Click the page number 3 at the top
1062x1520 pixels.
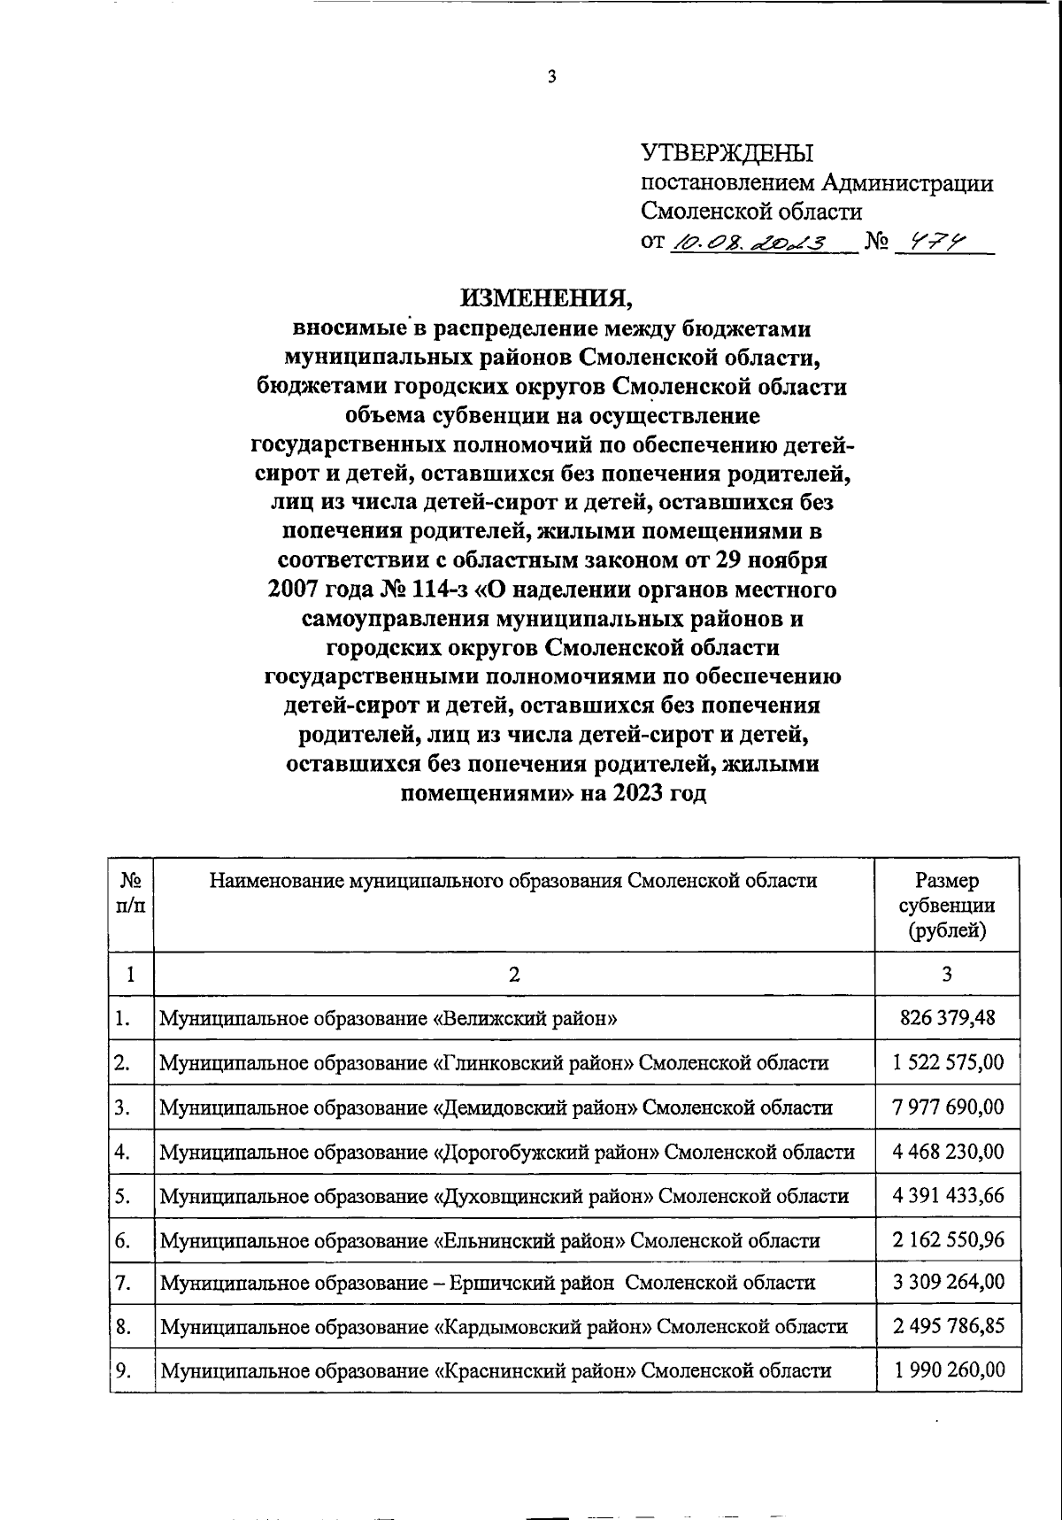tap(551, 78)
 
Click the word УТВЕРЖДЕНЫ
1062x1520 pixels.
tap(727, 154)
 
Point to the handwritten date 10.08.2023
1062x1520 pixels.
tap(749, 242)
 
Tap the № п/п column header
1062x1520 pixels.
tap(131, 893)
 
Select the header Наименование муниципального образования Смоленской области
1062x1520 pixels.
tap(513, 880)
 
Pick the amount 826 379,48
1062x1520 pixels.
tap(947, 1018)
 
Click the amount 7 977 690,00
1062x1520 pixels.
tap(948, 1107)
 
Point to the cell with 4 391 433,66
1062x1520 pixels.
tap(948, 1195)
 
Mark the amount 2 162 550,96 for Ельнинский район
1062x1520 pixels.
tap(948, 1239)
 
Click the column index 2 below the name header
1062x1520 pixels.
tap(514, 975)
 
